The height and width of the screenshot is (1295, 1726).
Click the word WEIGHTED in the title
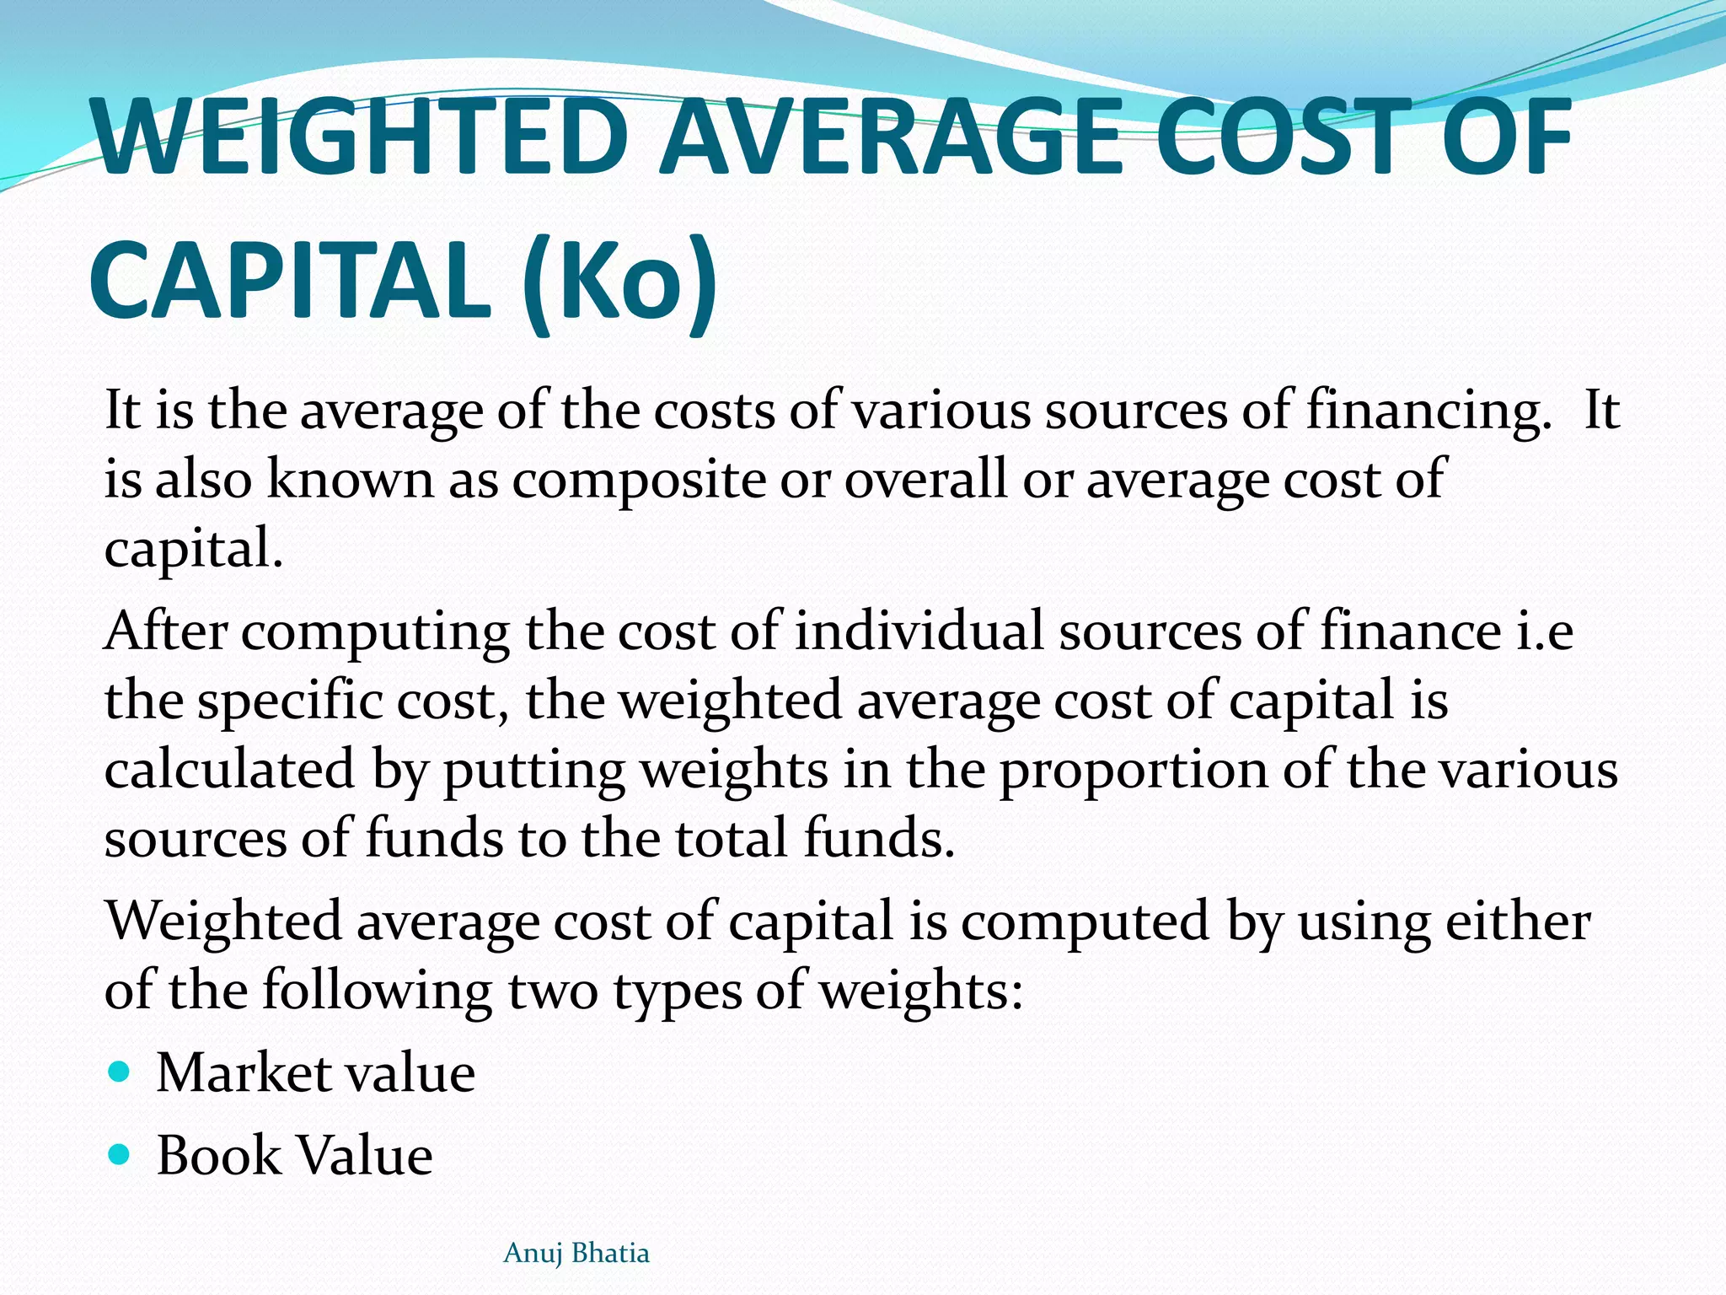pyautogui.click(x=362, y=137)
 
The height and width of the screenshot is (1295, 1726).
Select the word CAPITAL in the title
pyautogui.click(x=291, y=280)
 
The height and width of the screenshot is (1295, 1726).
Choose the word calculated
pyautogui.click(x=229, y=771)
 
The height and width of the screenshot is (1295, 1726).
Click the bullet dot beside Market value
pyautogui.click(x=120, y=1072)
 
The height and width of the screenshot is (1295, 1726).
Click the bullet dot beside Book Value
pyautogui.click(x=120, y=1153)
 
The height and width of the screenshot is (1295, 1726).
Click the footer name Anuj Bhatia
pyautogui.click(x=576, y=1254)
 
